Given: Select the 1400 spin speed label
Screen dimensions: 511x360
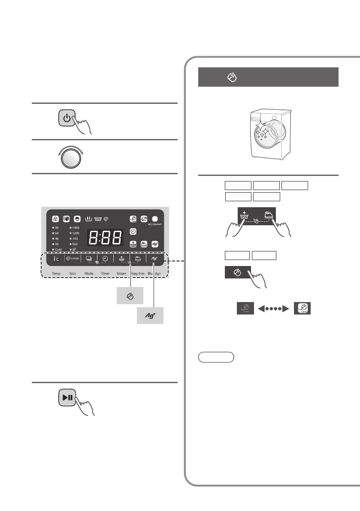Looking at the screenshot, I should (76, 227).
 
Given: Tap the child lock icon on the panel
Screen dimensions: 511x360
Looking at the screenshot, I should (55, 218).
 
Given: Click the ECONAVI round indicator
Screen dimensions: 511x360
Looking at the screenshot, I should (154, 218).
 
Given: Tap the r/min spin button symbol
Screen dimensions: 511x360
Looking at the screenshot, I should (72, 259).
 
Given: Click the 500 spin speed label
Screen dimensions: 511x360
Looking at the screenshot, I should (76, 244).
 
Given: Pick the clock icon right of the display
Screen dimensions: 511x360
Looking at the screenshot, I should (133, 231).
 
